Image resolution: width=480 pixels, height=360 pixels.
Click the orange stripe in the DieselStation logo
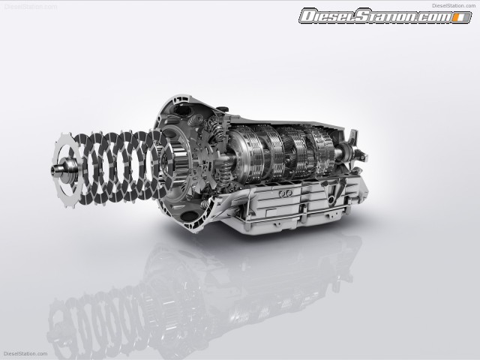click(457, 18)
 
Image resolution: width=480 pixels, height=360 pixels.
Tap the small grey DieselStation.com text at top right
click(454, 5)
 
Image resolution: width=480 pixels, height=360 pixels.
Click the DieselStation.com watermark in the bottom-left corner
click(25, 353)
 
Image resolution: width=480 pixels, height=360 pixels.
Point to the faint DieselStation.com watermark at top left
click(30, 7)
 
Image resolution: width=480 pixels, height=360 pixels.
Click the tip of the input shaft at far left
click(53, 169)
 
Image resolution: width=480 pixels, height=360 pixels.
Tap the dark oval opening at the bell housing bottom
click(189, 215)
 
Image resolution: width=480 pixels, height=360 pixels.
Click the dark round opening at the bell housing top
click(182, 110)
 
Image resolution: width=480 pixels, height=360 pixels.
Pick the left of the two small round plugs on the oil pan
click(282, 193)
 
